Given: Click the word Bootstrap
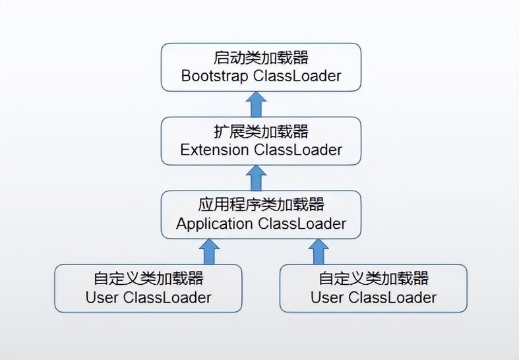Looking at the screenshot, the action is (x=214, y=76).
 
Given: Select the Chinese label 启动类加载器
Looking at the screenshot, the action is (x=261, y=57).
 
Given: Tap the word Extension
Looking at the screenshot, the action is (x=214, y=150).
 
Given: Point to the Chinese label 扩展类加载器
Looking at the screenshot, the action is (x=261, y=131).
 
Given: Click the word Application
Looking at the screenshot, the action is (x=214, y=224).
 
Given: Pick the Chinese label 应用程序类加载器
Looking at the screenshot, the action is (x=261, y=205).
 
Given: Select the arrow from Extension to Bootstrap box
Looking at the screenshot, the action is (x=257, y=104).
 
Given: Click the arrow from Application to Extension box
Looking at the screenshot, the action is (x=257, y=177).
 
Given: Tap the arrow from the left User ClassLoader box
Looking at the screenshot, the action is (x=209, y=251).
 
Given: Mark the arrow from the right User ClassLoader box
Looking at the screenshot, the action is (x=319, y=251).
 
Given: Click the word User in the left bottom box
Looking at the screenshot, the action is (x=102, y=297).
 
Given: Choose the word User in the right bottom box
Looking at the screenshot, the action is (x=327, y=297).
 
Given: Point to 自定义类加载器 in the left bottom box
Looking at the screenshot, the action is (x=148, y=279).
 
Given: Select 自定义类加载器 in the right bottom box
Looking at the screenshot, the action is (x=373, y=279).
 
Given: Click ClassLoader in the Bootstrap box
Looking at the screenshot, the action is (x=297, y=76).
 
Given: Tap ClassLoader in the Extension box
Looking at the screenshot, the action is (x=298, y=150).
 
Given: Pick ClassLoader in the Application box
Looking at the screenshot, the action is (x=302, y=224).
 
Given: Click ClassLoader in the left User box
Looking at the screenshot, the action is (x=168, y=297).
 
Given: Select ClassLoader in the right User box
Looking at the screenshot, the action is (x=392, y=297).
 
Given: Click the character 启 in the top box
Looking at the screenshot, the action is (x=221, y=57).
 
